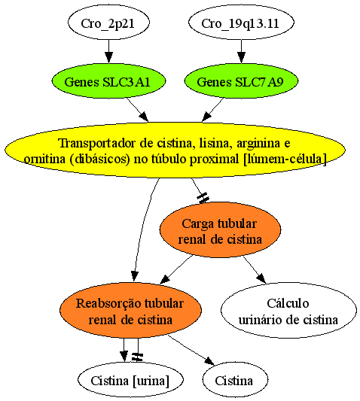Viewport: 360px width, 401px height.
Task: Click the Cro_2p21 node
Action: pyautogui.click(x=108, y=23)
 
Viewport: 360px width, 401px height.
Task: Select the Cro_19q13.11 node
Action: pyautogui.click(x=241, y=23)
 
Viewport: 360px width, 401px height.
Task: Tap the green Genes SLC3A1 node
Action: pyautogui.click(x=108, y=81)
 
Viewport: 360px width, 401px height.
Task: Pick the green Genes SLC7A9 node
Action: pyautogui.click(x=241, y=81)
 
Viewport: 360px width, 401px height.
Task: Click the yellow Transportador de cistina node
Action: pyautogui.click(x=175, y=150)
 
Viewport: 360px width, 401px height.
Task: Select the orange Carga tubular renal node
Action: pyautogui.click(x=220, y=230)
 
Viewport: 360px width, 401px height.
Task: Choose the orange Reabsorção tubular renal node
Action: pyautogui.click(x=130, y=311)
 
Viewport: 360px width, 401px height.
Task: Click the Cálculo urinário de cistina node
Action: pyautogui.click(x=288, y=311)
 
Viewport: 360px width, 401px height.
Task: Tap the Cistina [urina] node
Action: pyautogui.click(x=130, y=379)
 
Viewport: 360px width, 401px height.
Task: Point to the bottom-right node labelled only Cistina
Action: pyautogui.click(x=235, y=379)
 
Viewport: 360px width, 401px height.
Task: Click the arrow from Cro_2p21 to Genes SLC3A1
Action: pyautogui.click(x=108, y=51)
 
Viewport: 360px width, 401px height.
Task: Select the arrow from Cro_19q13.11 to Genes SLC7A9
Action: pyautogui.click(x=241, y=51)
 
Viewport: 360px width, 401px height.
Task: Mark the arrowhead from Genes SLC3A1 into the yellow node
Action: pyautogui.click(x=144, y=117)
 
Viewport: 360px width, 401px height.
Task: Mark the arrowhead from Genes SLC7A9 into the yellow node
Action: pyautogui.click(x=207, y=117)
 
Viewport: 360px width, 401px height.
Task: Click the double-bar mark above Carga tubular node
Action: pyautogui.click(x=203, y=199)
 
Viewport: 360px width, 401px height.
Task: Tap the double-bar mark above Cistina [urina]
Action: pyautogui.click(x=137, y=357)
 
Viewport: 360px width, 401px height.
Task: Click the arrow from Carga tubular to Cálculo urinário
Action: pyautogui.click(x=255, y=270)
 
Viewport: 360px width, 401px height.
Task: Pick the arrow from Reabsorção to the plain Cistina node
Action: pyautogui.click(x=191, y=350)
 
